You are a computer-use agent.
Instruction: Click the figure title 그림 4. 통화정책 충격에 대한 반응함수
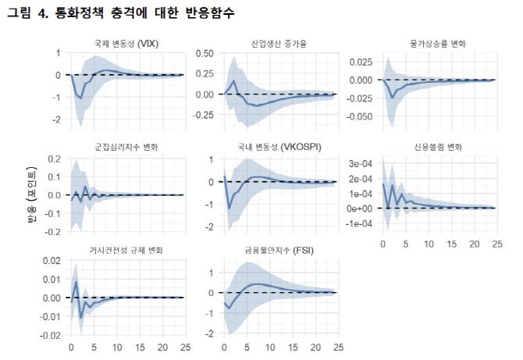coord(121,13)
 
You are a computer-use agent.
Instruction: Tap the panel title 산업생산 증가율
coord(279,44)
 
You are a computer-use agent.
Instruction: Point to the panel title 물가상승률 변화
coord(434,44)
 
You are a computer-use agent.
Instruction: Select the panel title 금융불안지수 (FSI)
coord(279,251)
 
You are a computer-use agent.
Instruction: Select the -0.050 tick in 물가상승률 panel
coord(360,116)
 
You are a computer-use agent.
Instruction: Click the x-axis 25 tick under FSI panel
coord(336,348)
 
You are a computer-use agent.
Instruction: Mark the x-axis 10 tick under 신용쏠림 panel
coord(428,244)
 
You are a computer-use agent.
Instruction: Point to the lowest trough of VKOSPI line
coord(229,209)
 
